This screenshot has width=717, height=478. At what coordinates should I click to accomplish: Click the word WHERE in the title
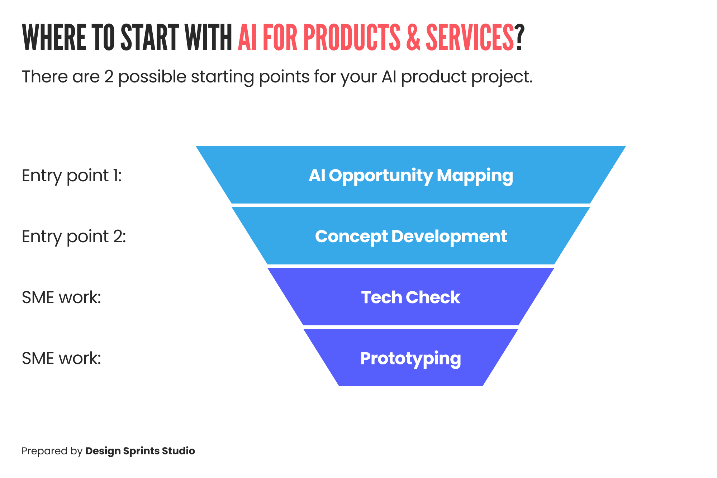point(54,38)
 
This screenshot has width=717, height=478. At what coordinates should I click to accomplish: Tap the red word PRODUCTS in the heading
point(352,38)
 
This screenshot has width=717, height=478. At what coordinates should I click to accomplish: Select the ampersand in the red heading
point(413,38)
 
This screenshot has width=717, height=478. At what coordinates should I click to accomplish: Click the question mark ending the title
point(520,38)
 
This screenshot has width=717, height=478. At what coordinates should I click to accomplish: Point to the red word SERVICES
point(470,38)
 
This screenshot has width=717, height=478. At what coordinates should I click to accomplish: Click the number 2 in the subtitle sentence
point(109,77)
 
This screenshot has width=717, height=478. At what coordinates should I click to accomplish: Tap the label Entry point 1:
point(72,176)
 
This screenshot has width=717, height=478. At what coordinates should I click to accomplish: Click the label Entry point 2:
point(73,237)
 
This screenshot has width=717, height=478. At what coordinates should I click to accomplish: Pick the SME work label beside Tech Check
point(61,297)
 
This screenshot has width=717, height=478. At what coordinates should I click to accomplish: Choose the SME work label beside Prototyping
point(61,358)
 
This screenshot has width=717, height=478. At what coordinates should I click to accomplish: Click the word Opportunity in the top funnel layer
point(381,176)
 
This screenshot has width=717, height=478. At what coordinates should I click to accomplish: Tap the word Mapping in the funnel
point(475,176)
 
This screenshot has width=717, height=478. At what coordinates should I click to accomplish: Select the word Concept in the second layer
point(351,237)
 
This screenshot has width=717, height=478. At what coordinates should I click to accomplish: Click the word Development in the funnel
point(449,236)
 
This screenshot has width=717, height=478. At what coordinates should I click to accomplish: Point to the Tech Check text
point(410,297)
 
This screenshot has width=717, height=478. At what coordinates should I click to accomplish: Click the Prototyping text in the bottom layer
point(410,359)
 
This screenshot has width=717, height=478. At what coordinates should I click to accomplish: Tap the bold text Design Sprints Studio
point(140,451)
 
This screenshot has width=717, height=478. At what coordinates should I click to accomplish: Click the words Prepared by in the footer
point(52,451)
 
